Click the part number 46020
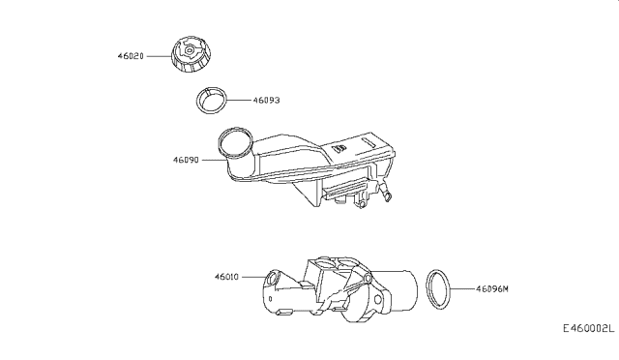click(132, 57)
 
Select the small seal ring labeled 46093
click(214, 99)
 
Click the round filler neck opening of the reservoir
click(234, 143)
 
